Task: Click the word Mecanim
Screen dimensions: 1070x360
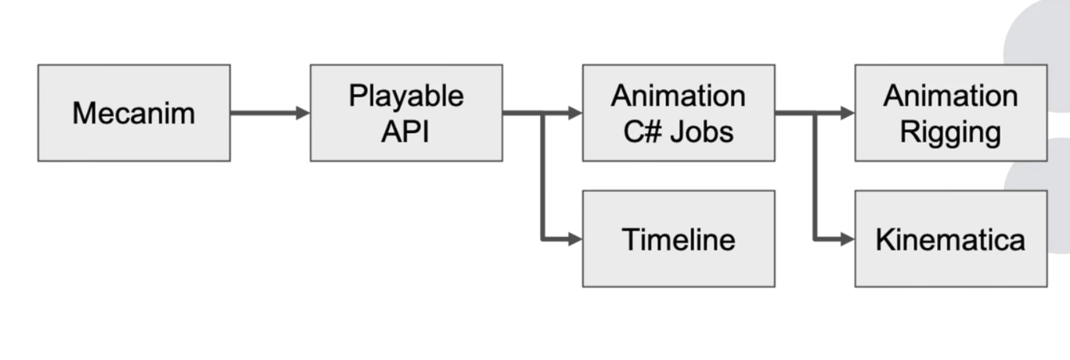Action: click(134, 113)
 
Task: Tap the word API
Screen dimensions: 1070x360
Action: click(405, 131)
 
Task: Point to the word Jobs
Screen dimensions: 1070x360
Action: click(701, 131)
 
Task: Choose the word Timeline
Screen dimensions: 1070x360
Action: click(679, 239)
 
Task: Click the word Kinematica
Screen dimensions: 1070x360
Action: click(950, 239)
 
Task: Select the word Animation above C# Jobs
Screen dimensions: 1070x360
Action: click(679, 95)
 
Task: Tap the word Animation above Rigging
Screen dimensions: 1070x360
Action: click(950, 95)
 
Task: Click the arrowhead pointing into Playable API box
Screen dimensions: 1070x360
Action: click(303, 113)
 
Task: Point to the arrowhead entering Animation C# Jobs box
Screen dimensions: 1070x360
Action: click(575, 113)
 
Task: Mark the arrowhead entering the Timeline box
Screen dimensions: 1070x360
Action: click(575, 239)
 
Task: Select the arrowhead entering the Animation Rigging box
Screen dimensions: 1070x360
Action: click(848, 113)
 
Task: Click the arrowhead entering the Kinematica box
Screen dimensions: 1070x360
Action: click(848, 239)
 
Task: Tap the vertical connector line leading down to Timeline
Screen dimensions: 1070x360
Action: click(542, 176)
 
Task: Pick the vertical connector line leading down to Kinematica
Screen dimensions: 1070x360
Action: click(815, 176)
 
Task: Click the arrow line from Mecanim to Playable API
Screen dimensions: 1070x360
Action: click(270, 113)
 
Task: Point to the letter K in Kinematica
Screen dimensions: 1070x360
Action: click(885, 239)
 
